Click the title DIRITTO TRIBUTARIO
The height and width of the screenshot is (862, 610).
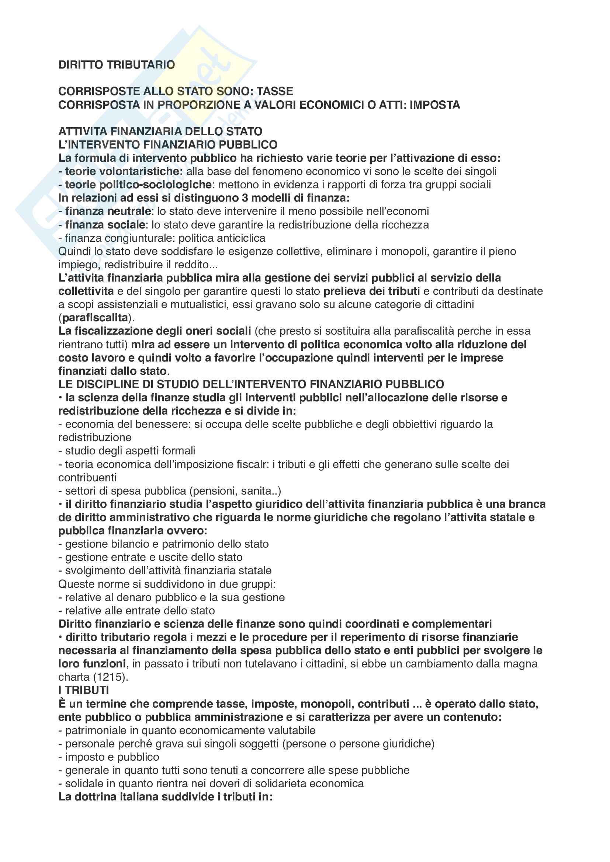click(117, 65)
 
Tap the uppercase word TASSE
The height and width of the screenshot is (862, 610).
click(275, 91)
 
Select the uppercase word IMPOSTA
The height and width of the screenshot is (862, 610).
click(434, 105)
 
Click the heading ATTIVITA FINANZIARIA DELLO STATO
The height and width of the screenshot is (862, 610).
click(160, 132)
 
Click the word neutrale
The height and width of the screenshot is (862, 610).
click(129, 212)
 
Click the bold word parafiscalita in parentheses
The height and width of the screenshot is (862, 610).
click(96, 318)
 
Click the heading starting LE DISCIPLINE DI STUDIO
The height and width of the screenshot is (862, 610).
click(251, 384)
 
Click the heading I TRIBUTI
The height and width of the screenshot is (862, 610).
click(83, 690)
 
